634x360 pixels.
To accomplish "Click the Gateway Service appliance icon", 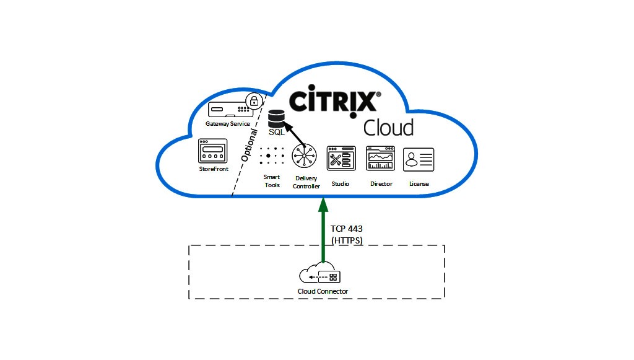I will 228,110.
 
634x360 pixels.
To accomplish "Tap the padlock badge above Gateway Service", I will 253,101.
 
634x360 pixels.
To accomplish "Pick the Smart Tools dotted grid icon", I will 272,156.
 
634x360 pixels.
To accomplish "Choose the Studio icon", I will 341,159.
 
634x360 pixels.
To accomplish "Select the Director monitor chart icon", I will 380,159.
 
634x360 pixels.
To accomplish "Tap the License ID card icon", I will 419,159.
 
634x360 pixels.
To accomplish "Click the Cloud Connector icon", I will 323,276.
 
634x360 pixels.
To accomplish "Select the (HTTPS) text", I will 347,240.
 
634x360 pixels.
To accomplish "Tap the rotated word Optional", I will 250,145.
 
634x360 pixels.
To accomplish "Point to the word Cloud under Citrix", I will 388,128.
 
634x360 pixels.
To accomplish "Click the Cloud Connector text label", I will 323,292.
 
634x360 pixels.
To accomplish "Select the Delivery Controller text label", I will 306,183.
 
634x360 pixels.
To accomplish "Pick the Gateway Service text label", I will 228,124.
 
